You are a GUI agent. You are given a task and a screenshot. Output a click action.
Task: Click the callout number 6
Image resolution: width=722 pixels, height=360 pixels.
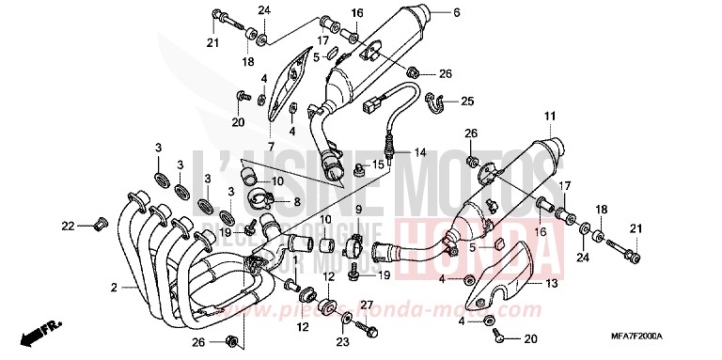(456, 13)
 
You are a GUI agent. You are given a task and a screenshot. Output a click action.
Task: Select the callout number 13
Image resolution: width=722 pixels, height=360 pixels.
(552, 283)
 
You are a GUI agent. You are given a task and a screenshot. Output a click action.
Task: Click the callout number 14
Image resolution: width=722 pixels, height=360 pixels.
(420, 152)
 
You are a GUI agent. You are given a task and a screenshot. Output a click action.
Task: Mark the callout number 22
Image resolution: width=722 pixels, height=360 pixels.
(66, 225)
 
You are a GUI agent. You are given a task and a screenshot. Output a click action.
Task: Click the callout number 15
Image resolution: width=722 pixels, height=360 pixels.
(406, 164)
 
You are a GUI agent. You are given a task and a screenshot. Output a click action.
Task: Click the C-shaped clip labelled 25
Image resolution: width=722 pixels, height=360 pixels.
(436, 101)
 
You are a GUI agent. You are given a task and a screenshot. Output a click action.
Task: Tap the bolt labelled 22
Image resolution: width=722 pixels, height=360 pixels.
(95, 225)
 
